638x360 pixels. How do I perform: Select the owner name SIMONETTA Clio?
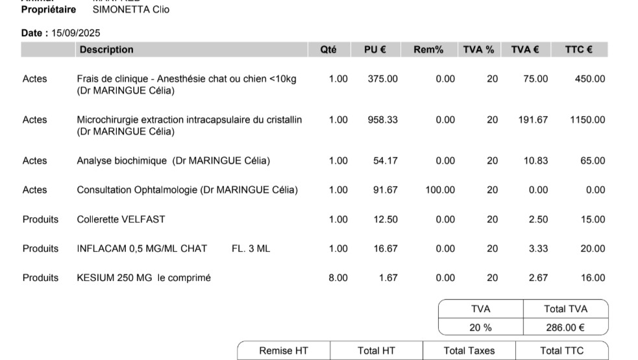[131, 10]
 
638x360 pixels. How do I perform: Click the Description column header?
[106, 50]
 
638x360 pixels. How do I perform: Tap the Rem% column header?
[428, 50]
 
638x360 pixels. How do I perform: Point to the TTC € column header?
[578, 50]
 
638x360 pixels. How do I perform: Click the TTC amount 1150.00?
[587, 120]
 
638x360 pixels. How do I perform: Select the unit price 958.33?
[383, 120]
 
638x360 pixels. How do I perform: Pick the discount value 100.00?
[440, 190]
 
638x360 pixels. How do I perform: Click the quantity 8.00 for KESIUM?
[338, 278]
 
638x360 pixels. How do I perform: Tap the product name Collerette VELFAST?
[121, 219]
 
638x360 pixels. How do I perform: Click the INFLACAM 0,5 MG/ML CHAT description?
[142, 248]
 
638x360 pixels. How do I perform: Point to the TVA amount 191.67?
[533, 120]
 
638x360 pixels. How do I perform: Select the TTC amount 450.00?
[590, 79]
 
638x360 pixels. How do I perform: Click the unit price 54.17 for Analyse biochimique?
[386, 161]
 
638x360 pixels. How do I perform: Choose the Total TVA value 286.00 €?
[565, 328]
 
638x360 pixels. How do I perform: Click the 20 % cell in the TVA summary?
[480, 328]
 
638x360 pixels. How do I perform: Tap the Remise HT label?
[284, 351]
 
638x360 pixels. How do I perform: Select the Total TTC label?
[561, 351]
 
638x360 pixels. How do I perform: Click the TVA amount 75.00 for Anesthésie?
[535, 79]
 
